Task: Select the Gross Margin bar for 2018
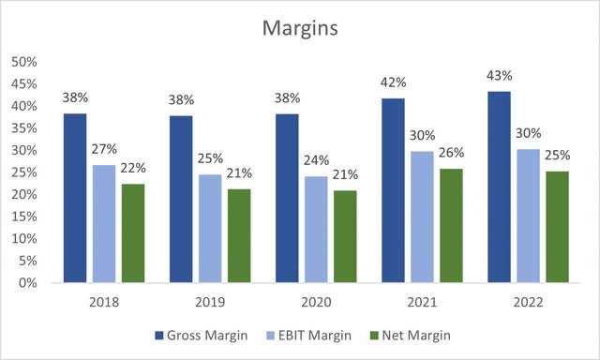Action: point(75,198)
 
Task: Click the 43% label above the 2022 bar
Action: point(500,75)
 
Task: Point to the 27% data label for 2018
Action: point(103,150)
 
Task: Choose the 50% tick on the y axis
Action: point(23,62)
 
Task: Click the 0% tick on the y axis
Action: point(27,282)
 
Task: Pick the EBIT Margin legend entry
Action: point(325,334)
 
